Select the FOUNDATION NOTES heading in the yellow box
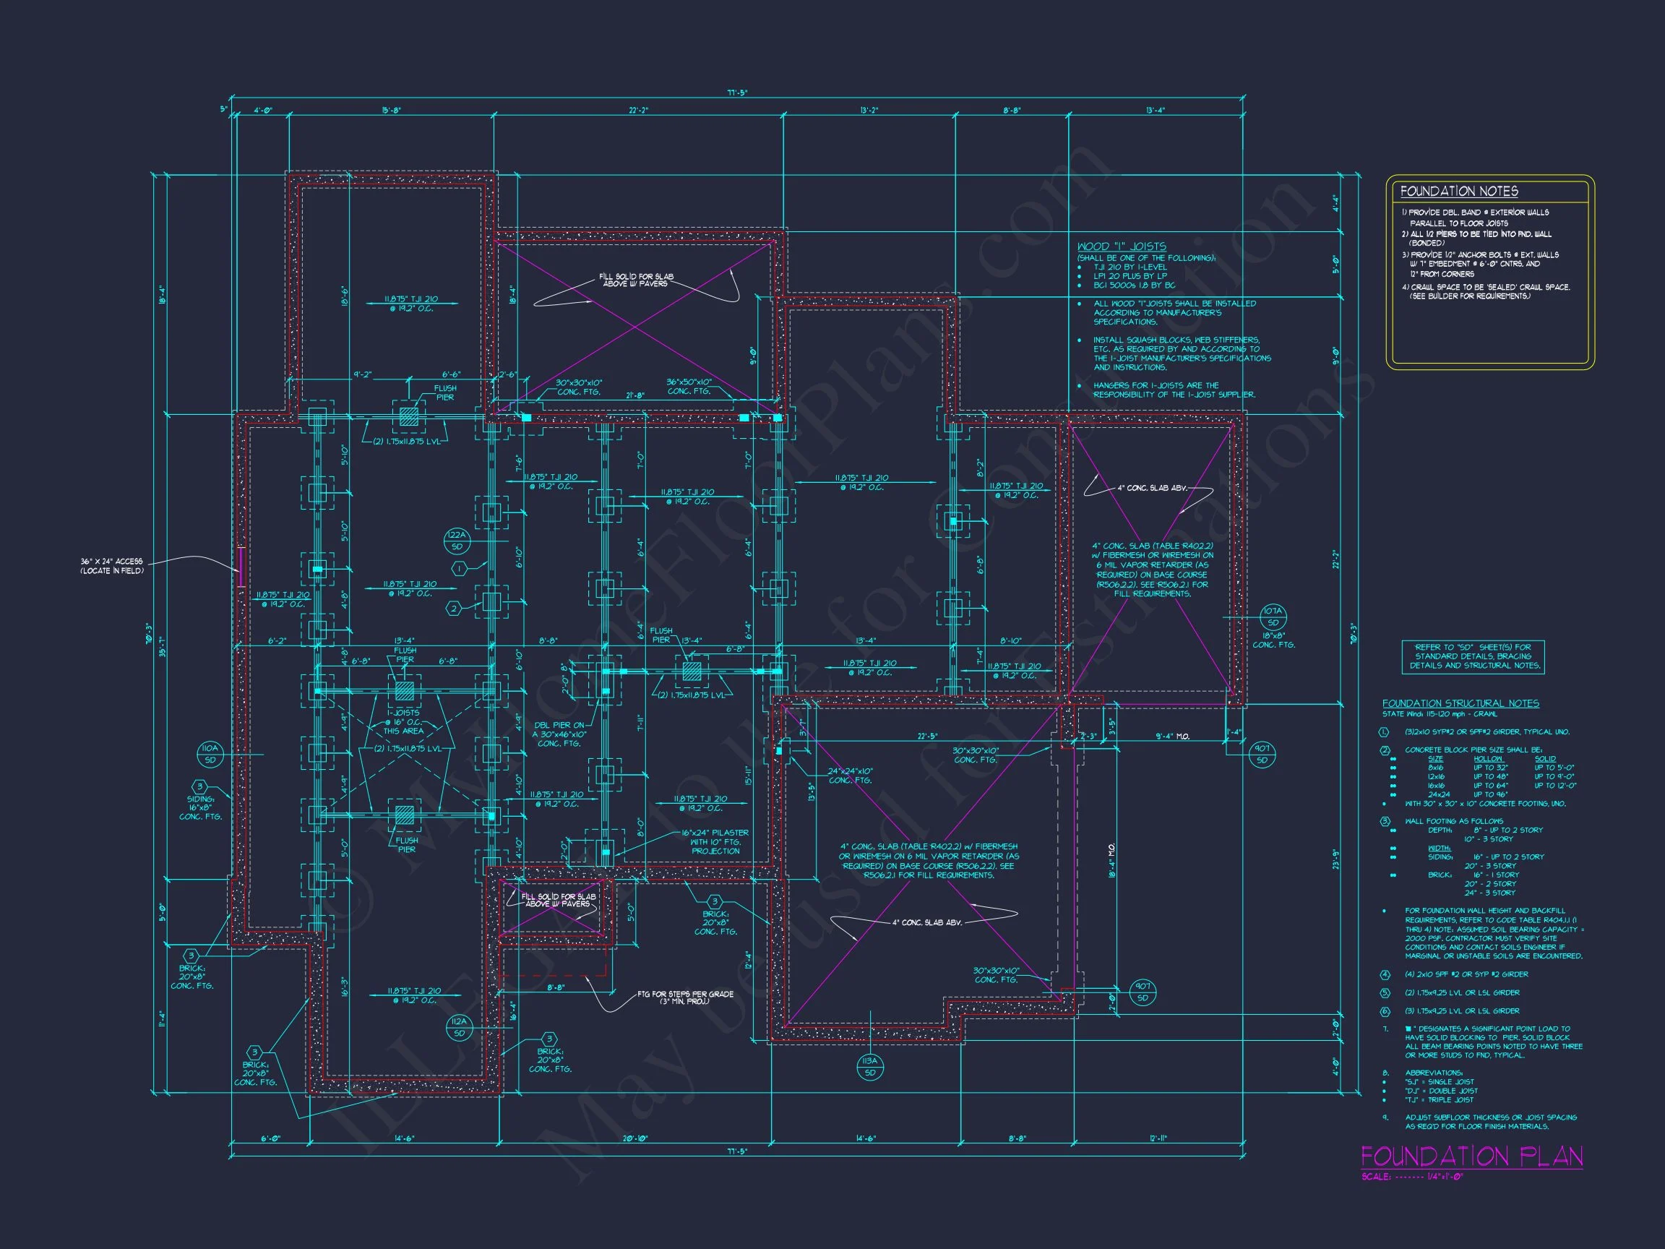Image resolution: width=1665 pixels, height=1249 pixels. coord(1459,192)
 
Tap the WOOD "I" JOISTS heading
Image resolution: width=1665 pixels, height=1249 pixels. coord(1122,246)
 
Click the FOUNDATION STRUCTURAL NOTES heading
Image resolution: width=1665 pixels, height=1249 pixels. coord(1460,703)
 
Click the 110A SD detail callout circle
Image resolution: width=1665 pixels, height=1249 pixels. coord(210,754)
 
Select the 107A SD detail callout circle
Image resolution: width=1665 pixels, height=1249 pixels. coord(1273,617)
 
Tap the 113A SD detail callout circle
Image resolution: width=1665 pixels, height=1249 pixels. coord(870,1067)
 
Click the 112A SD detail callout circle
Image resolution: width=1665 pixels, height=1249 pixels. coord(459,1027)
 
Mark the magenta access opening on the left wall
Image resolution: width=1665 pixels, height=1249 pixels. coord(240,566)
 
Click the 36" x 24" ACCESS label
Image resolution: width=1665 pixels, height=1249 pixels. coord(111,566)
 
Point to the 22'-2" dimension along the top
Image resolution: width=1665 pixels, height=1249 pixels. coord(638,111)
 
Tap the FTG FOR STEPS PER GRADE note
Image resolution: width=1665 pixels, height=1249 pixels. coord(685,997)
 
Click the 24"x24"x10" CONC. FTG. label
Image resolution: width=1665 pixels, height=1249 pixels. coord(851,776)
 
